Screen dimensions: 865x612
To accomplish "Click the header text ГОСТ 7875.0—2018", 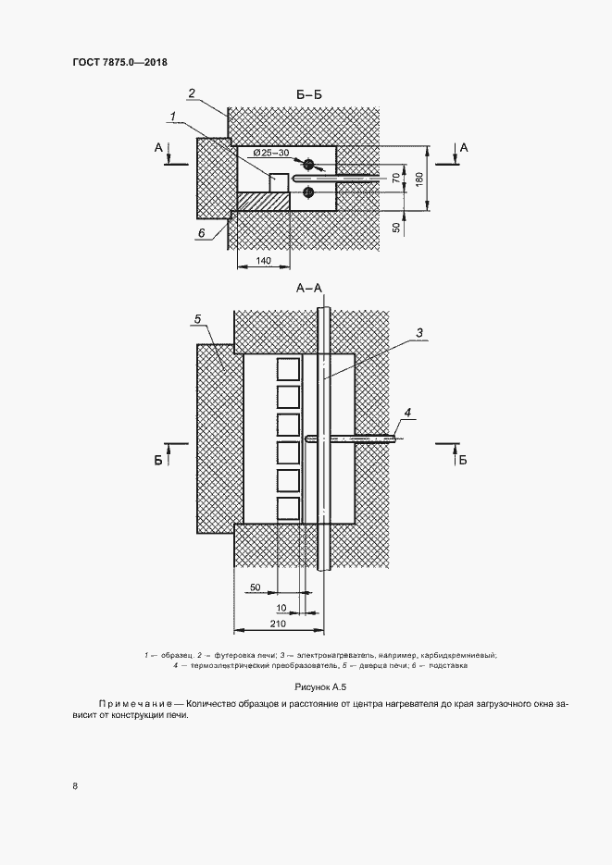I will coord(119,63).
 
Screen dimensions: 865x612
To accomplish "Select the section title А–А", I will coord(308,289).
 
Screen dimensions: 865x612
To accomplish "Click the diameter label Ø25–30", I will coord(269,153).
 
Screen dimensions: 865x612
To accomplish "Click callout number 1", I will coord(173,116).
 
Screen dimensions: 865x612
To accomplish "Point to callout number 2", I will coord(191,93).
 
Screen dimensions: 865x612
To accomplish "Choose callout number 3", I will coord(418,333).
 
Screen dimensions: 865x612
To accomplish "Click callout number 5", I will coord(197,319).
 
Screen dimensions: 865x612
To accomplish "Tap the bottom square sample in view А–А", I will coord(288,509).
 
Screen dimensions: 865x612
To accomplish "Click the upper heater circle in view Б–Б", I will coord(307,166).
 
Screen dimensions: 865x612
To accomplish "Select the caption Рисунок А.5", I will coord(319,686).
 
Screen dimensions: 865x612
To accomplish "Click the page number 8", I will coord(75,787).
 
